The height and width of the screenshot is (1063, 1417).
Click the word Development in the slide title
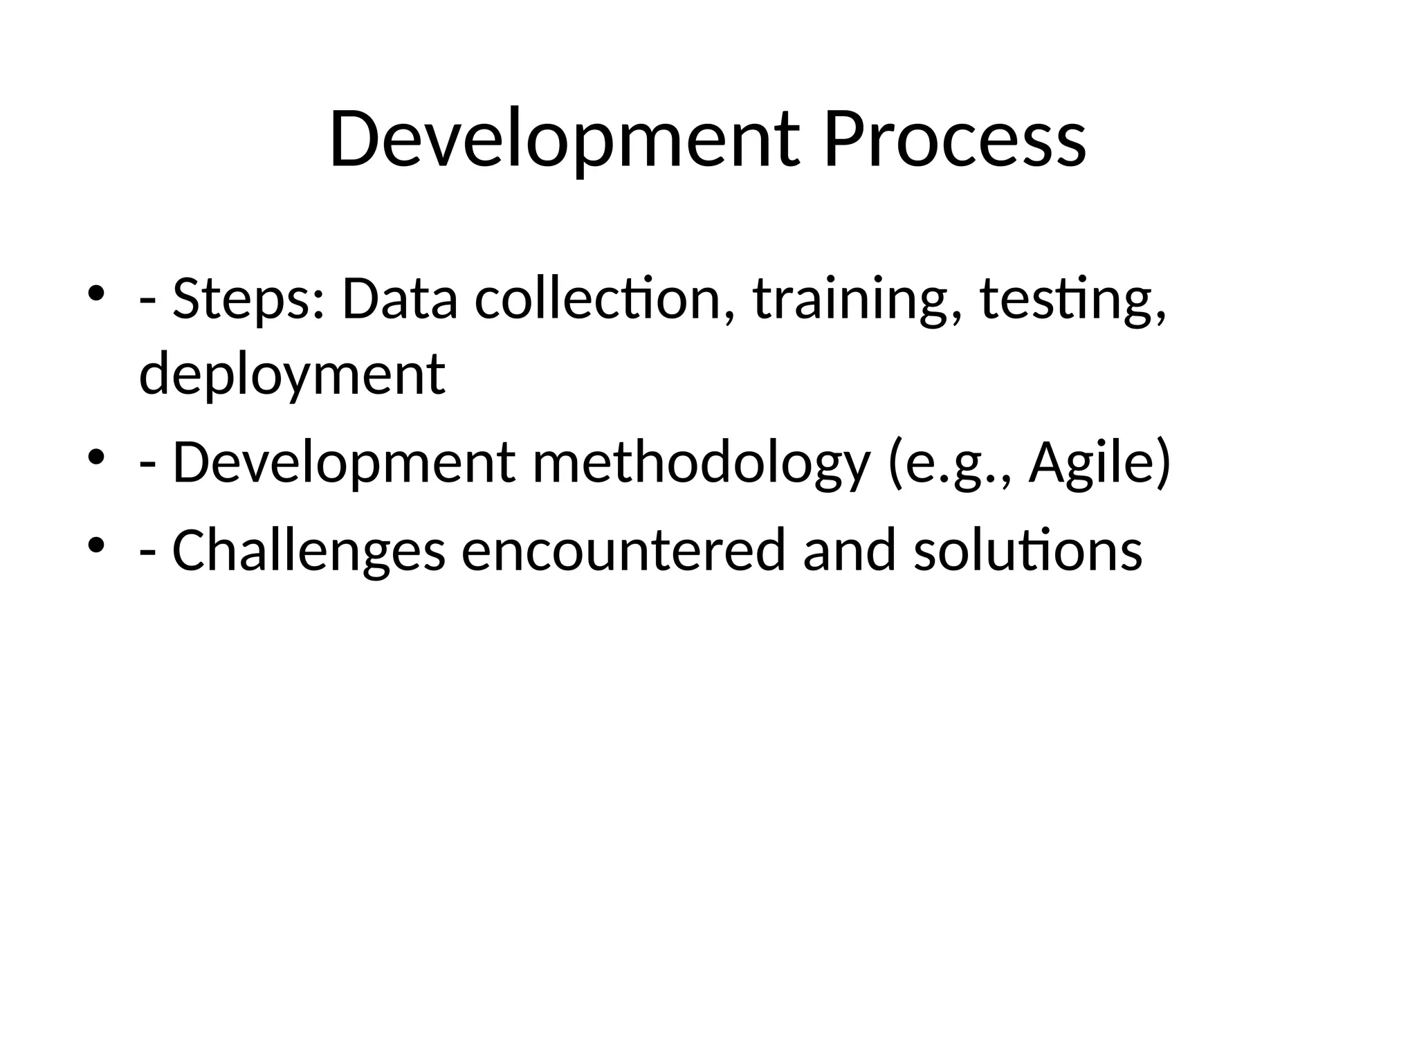(x=564, y=140)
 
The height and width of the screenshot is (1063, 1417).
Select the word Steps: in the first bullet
(x=248, y=299)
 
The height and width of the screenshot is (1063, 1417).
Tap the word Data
(x=399, y=299)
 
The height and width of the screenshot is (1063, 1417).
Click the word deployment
(x=292, y=374)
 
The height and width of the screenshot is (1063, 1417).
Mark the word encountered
(x=623, y=550)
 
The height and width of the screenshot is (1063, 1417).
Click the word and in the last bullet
(x=850, y=550)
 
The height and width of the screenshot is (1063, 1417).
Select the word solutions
(x=1027, y=550)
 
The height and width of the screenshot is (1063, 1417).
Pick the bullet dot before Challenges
(x=96, y=543)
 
